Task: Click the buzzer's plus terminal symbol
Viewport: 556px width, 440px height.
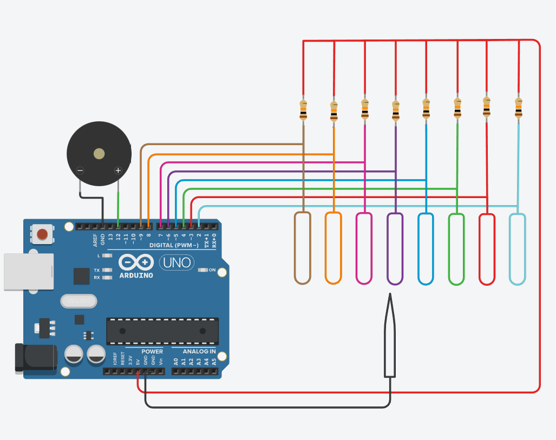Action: [118, 170]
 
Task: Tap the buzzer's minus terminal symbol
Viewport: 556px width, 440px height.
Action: [80, 170]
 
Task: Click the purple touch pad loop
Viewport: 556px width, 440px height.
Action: [395, 248]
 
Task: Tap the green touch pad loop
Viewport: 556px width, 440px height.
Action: [457, 249]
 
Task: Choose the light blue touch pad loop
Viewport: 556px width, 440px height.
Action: [518, 249]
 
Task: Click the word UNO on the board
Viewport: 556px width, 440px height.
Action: [177, 263]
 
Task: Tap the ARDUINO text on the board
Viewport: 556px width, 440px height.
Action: [135, 275]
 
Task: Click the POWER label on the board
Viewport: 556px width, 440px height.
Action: [152, 352]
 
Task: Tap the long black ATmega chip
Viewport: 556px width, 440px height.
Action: [162, 331]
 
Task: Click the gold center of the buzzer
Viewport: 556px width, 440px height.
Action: [99, 154]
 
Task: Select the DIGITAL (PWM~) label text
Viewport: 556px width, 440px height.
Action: [173, 245]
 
